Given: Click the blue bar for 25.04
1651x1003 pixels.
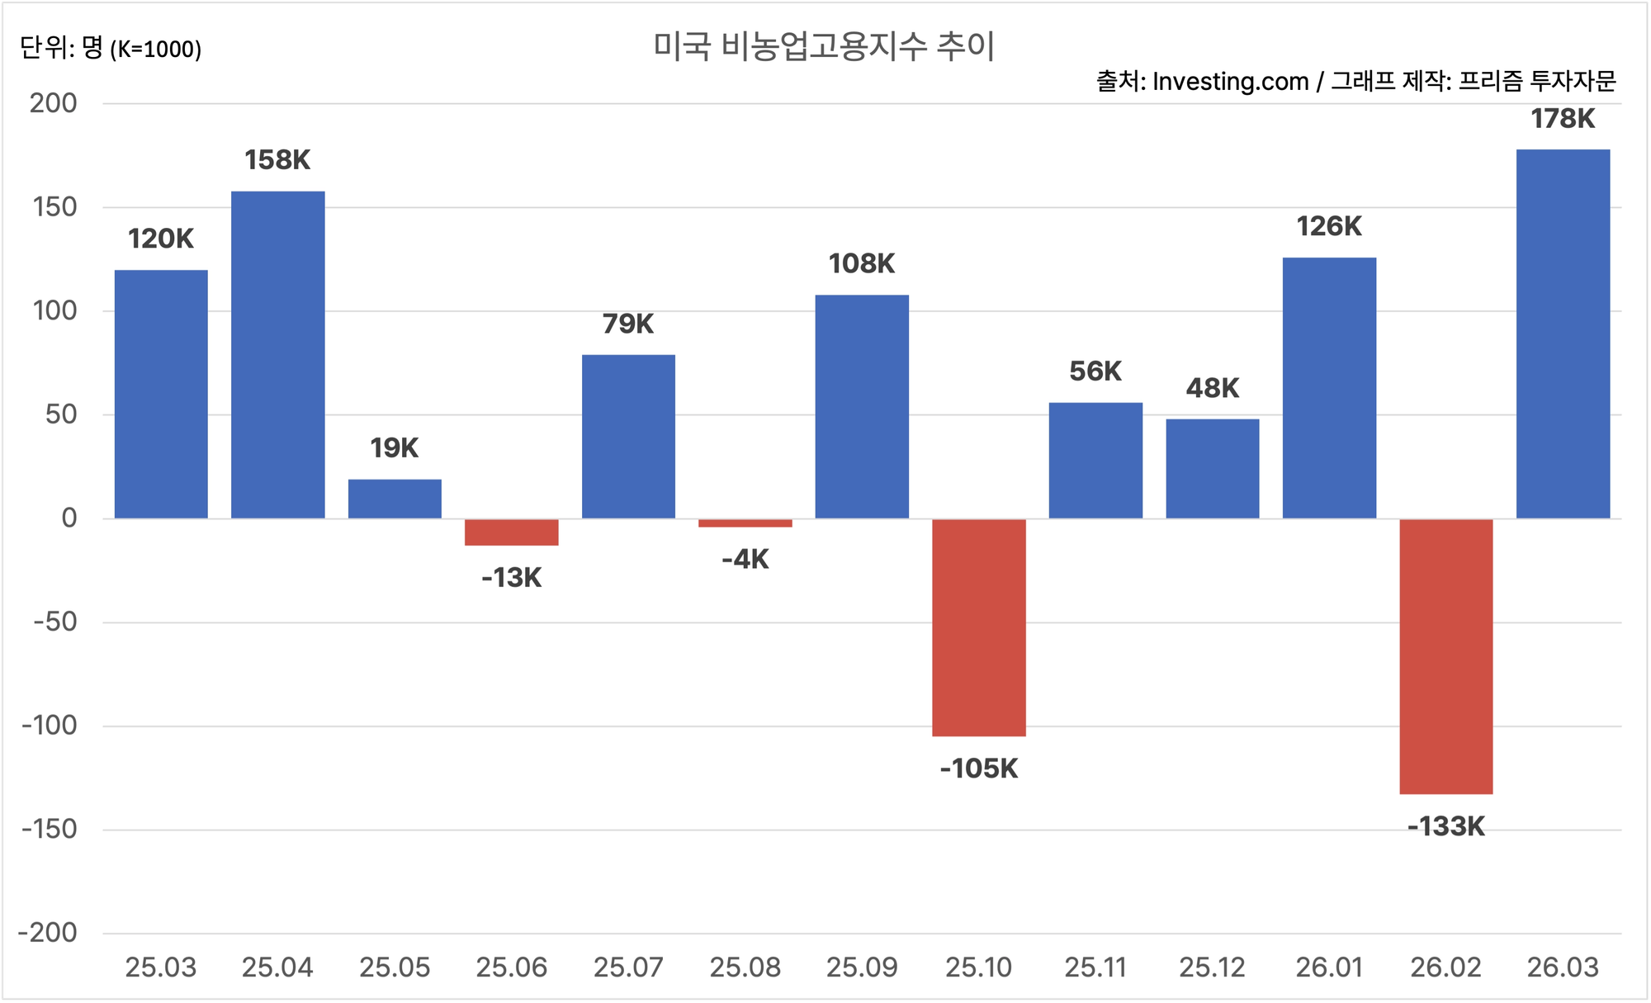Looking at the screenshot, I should [x=277, y=355].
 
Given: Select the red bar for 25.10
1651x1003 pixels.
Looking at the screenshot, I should [x=979, y=627].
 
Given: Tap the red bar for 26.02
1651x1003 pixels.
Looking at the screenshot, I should [x=1446, y=656].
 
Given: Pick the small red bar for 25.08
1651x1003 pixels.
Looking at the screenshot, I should [x=745, y=523].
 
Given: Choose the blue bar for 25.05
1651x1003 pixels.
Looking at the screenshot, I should [x=395, y=499].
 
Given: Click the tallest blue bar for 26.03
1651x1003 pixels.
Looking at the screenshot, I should [x=1563, y=334].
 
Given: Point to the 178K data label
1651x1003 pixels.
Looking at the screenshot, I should [x=1563, y=119].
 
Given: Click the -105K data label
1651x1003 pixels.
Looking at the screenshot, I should [x=979, y=769].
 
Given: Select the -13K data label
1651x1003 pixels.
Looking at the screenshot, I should [x=512, y=578].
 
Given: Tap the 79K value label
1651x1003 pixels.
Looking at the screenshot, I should [x=628, y=324].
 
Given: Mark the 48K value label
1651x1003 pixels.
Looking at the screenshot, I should [x=1213, y=388].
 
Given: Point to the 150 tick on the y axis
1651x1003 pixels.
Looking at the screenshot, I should [x=55, y=207].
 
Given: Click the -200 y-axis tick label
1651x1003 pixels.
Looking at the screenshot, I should [x=48, y=933].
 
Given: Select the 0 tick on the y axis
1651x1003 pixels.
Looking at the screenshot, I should [x=69, y=518].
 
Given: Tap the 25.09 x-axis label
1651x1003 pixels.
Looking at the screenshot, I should [x=862, y=967].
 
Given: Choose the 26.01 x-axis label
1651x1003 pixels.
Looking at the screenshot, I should [x=1329, y=967].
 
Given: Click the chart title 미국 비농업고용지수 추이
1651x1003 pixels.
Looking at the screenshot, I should [x=824, y=46].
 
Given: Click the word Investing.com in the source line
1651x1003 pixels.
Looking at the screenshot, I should [x=1230, y=82].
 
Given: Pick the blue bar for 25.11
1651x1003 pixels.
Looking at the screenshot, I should [x=1095, y=461].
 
